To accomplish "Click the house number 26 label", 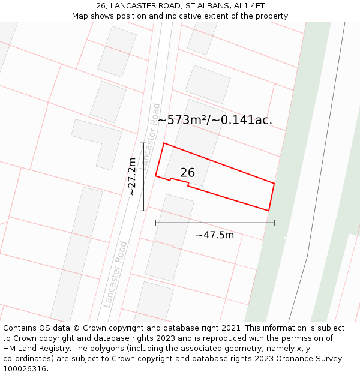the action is (187, 173).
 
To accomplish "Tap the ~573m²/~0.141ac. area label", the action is (215, 120).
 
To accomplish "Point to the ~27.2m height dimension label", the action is (133, 176).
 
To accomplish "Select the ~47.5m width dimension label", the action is (215, 235).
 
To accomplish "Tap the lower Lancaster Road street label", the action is (115, 274).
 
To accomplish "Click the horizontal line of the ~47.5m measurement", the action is (215, 223).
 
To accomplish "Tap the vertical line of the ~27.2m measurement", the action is (143, 176).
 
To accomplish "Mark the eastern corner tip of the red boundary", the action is (274, 183).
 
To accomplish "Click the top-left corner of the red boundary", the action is (164, 143).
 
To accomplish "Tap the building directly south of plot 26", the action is (169, 236).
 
